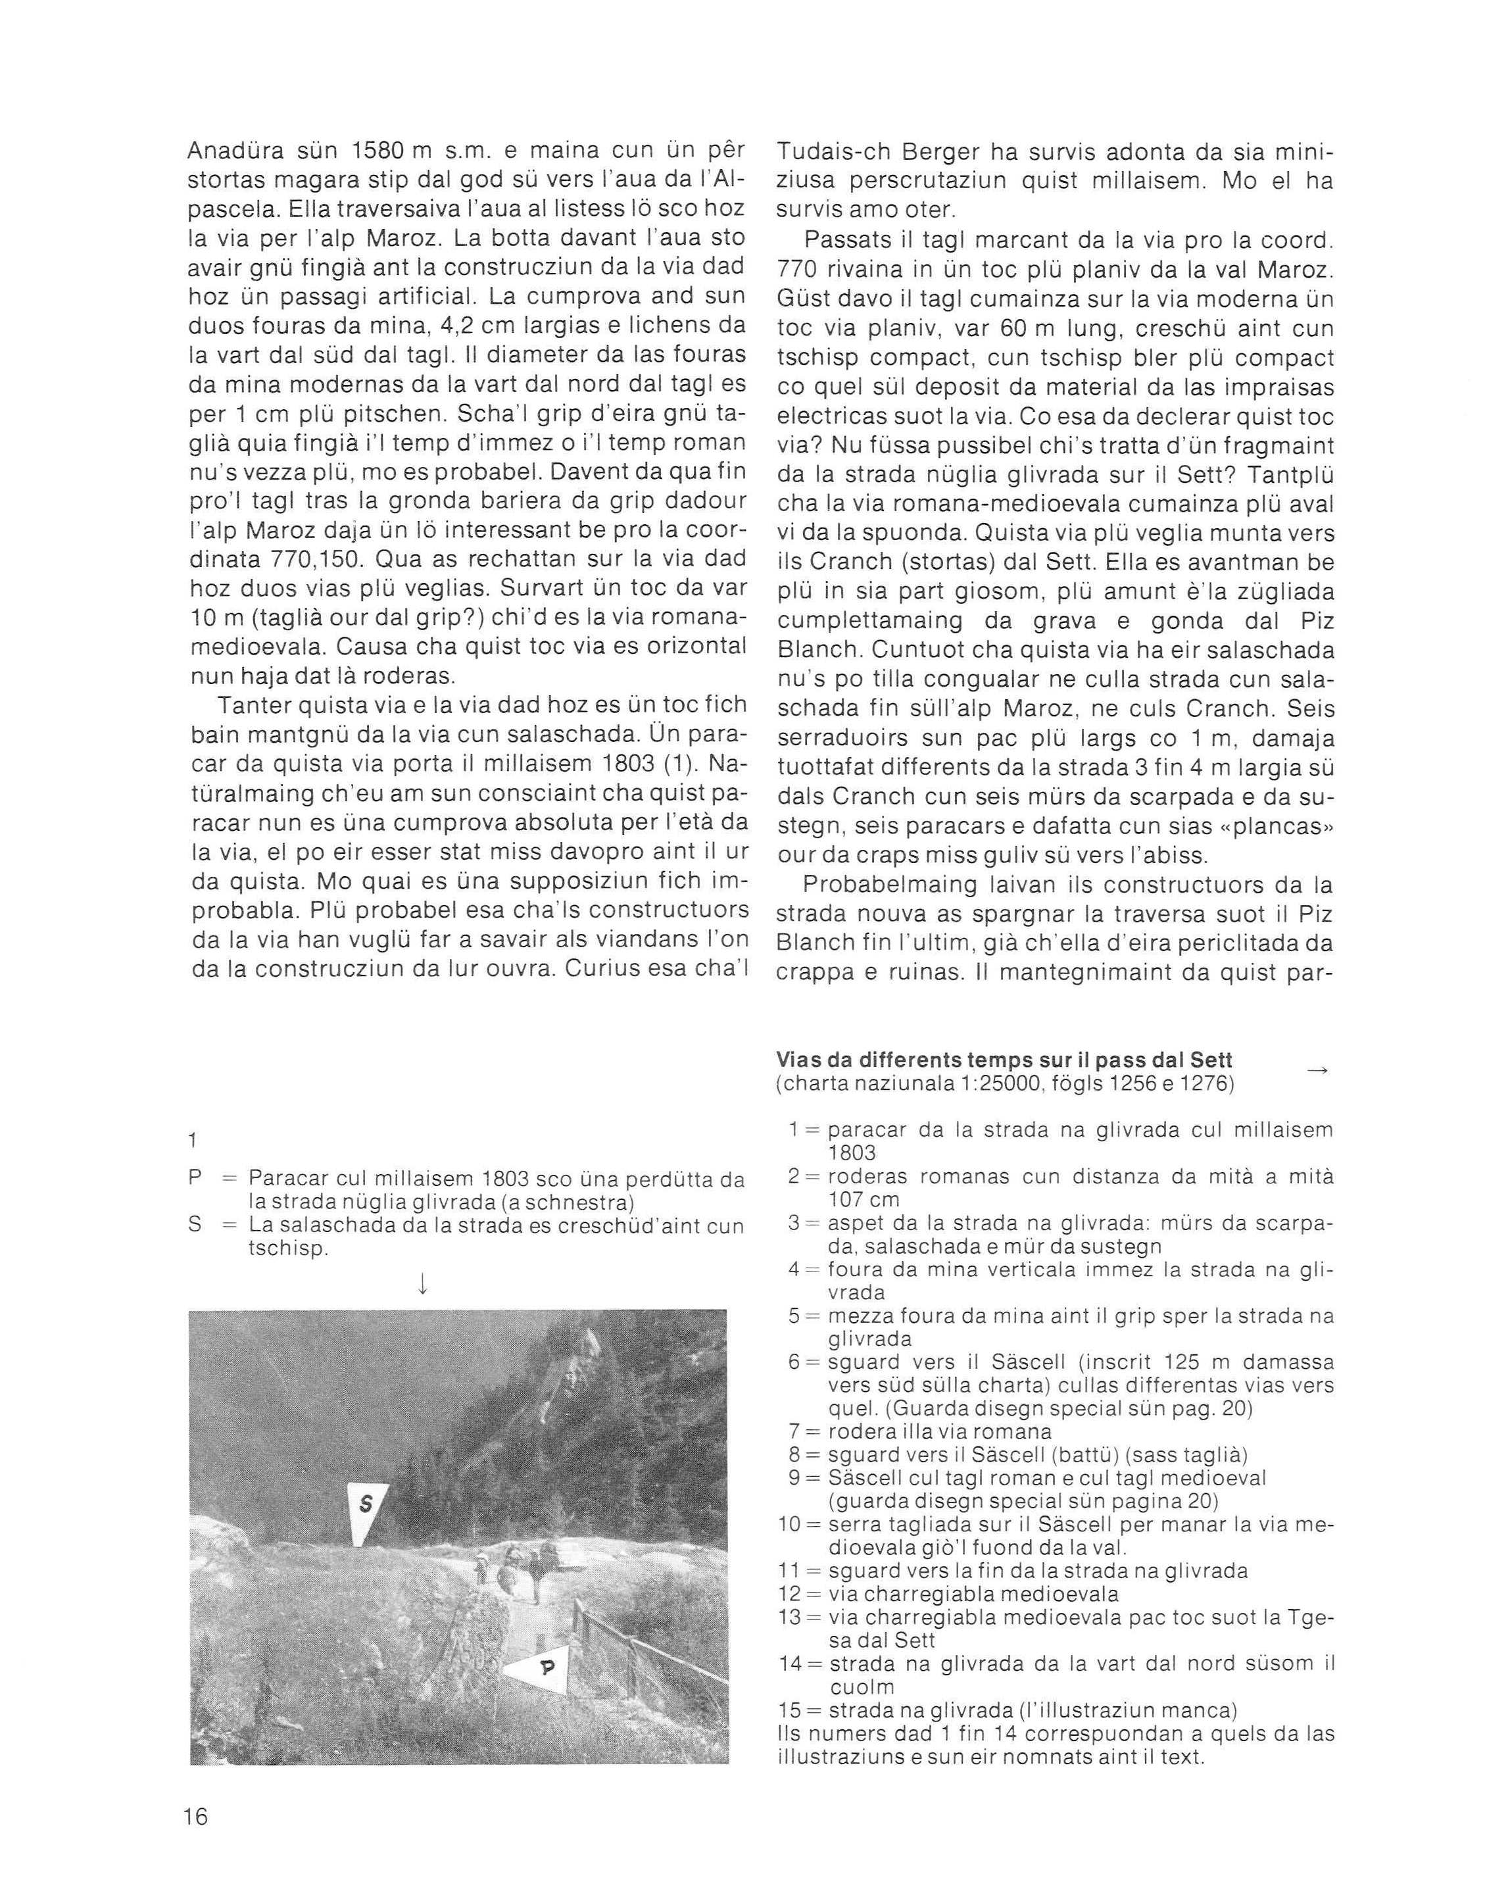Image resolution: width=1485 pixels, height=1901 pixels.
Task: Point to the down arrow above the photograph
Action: coord(422,1282)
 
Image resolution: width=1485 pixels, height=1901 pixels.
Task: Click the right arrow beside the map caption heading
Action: coord(1319,1072)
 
